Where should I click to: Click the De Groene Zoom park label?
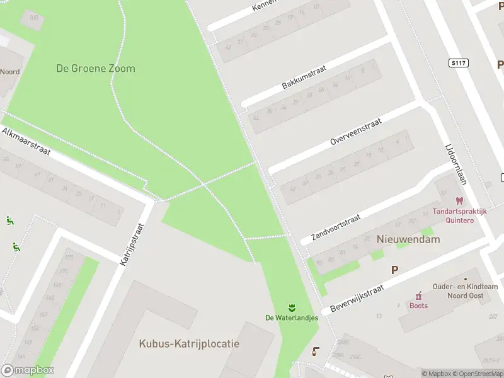click(95, 68)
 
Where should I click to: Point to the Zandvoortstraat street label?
click(335, 228)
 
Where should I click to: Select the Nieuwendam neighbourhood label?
click(408, 239)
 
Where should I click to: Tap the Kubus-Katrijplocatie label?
click(189, 344)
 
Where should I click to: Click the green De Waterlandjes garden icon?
click(292, 307)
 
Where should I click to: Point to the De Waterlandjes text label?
click(292, 318)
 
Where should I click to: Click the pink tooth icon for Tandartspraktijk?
click(459, 202)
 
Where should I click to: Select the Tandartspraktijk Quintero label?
click(459, 216)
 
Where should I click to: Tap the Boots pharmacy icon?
click(418, 295)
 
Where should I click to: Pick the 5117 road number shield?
click(459, 63)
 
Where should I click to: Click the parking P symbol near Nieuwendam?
click(394, 270)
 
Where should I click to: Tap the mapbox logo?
click(28, 370)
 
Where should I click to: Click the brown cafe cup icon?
click(316, 352)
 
